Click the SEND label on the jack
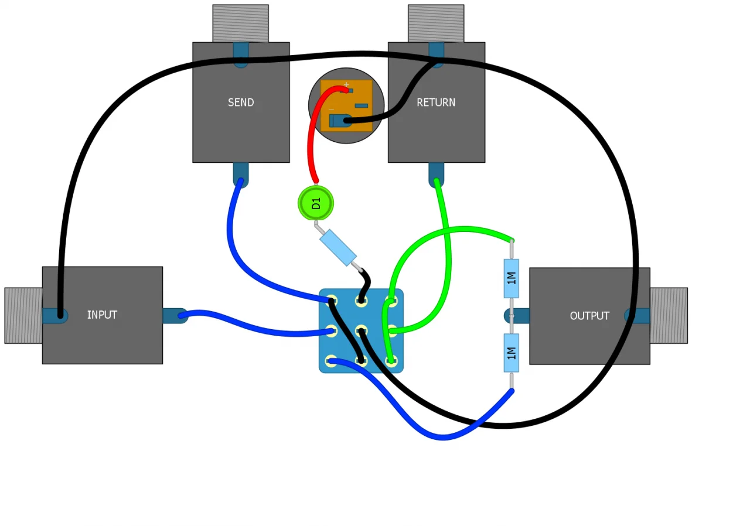click(241, 103)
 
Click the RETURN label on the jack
click(436, 103)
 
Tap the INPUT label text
click(102, 315)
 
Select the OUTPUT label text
click(589, 316)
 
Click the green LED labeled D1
click(316, 203)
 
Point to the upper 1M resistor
click(511, 278)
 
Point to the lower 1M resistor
click(511, 353)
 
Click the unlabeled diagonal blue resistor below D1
click(338, 247)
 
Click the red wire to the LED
click(311, 141)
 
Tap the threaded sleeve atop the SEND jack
click(240, 23)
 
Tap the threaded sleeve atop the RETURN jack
click(436, 23)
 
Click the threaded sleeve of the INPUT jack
click(23, 315)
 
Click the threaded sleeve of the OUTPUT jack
click(669, 315)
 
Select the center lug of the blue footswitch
click(361, 331)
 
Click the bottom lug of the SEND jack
click(240, 175)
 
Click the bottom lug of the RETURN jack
click(436, 175)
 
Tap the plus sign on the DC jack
click(346, 85)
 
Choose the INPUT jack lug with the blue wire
click(175, 316)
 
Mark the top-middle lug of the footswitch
click(361, 301)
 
